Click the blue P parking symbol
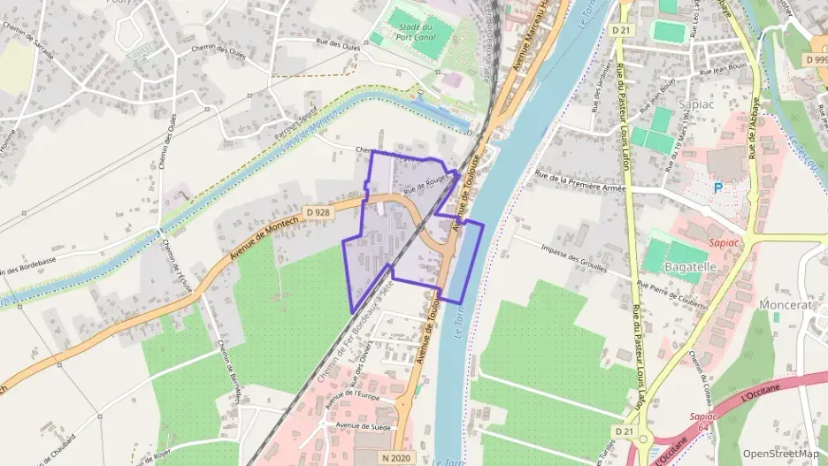[x=718, y=187]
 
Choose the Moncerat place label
[x=785, y=305]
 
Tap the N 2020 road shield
[x=396, y=457]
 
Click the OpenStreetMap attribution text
[x=780, y=454]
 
